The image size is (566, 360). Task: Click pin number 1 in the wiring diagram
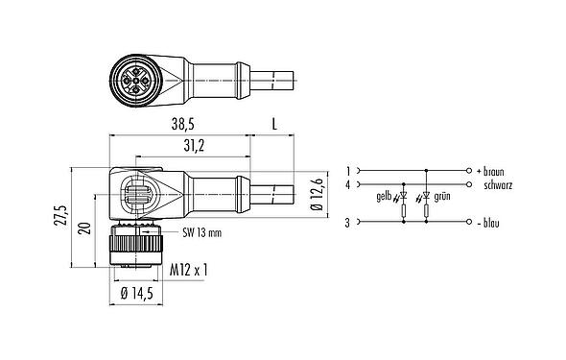pyautogui.click(x=348, y=169)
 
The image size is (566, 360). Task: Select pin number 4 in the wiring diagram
pyautogui.click(x=348, y=182)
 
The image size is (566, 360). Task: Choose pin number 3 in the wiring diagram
pyautogui.click(x=348, y=223)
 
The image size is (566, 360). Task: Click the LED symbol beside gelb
pyautogui.click(x=403, y=195)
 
